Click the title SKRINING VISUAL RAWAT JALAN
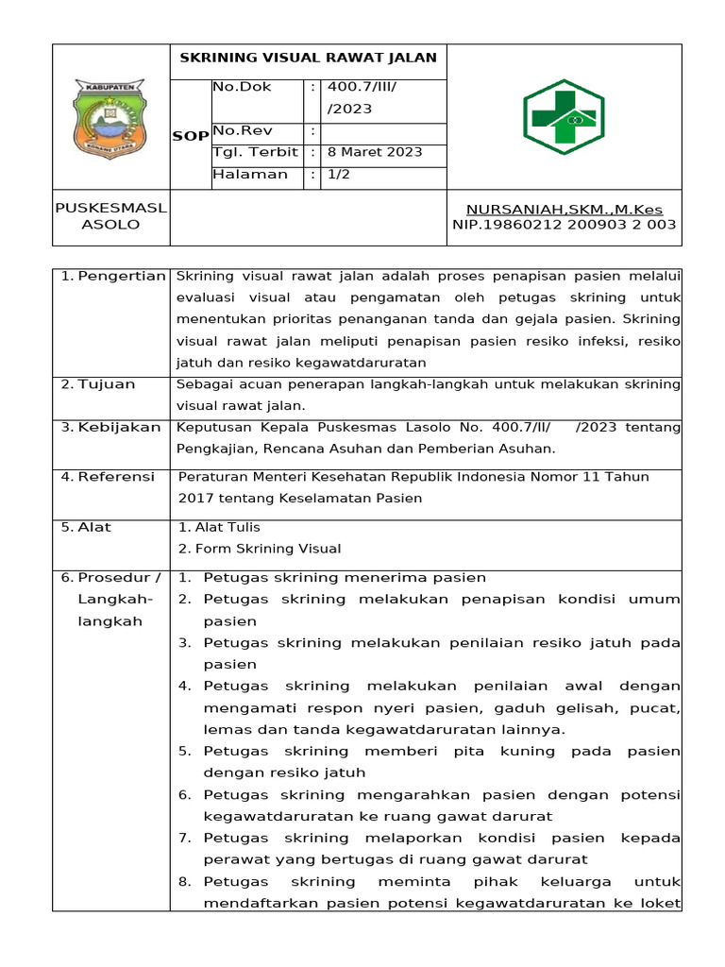tap(309, 58)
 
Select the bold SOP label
tap(191, 136)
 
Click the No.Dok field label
tap(243, 87)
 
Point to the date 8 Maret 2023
tap(375, 152)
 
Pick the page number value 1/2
tap(338, 175)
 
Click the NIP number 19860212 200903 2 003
tap(565, 225)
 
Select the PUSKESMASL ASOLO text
tap(110, 216)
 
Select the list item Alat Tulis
tap(218, 527)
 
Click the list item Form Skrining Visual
tap(259, 549)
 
